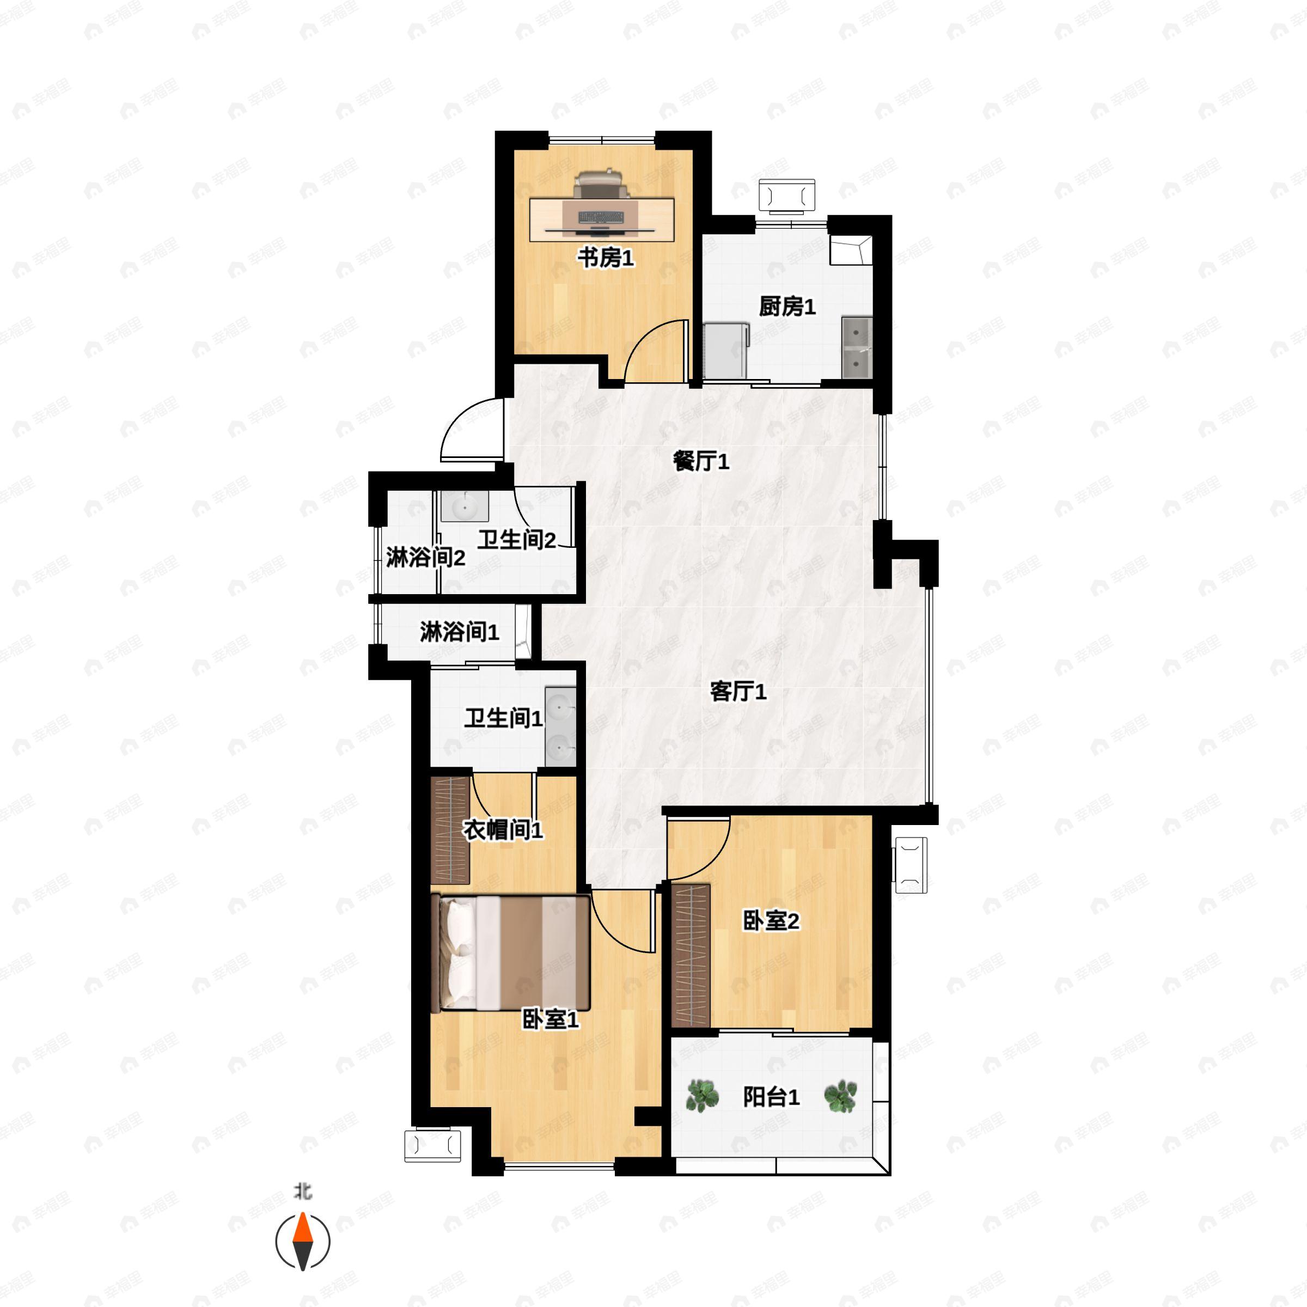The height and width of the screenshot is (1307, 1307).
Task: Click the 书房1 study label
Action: tap(605, 258)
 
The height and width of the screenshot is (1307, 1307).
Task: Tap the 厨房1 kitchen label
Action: tap(787, 307)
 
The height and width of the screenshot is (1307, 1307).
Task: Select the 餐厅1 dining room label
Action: tap(701, 461)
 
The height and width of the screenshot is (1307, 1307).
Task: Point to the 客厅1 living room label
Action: tap(738, 692)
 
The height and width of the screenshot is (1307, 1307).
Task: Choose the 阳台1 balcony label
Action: tap(771, 1097)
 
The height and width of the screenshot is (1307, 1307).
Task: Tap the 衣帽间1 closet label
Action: tap(503, 830)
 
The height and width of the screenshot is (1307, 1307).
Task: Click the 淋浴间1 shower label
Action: tap(459, 632)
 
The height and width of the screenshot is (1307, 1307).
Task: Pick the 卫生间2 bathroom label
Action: tap(517, 540)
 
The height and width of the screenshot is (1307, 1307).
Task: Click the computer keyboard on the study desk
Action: tap(601, 217)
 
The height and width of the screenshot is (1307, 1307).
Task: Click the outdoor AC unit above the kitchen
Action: tap(787, 196)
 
